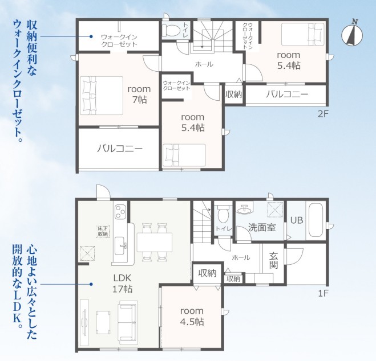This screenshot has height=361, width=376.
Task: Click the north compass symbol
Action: pyautogui.click(x=352, y=35)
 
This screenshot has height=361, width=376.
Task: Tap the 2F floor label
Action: pyautogui.click(x=323, y=114)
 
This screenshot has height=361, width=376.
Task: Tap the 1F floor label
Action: pyautogui.click(x=323, y=293)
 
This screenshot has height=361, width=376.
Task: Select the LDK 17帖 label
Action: pyautogui.click(x=122, y=284)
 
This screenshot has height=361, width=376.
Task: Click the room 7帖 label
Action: pyautogui.click(x=139, y=95)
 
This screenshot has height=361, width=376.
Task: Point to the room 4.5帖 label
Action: pyautogui.click(x=192, y=316)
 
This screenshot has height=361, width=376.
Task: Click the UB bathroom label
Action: pyautogui.click(x=297, y=220)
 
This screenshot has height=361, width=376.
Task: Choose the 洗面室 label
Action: pyautogui.click(x=262, y=227)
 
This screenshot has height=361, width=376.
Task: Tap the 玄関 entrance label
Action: pyautogui.click(x=274, y=260)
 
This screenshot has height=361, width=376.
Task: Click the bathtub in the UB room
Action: pyautogui.click(x=316, y=220)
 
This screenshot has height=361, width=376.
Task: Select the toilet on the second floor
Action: pyautogui.click(x=171, y=30)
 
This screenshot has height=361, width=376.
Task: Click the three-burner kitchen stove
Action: pyautogui.click(x=120, y=212)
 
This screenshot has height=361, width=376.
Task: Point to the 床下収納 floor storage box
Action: pyautogui.click(x=103, y=231)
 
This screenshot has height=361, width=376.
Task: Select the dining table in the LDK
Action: pyautogui.click(x=155, y=242)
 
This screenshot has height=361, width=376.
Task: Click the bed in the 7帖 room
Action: pyautogui.click(x=102, y=96)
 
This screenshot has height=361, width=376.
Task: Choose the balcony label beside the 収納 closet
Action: pyautogui.click(x=287, y=95)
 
